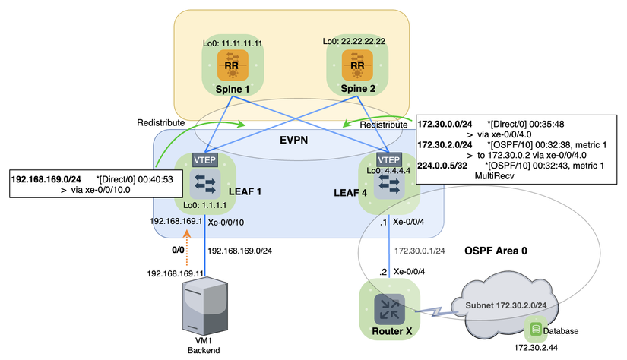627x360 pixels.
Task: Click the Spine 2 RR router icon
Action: tap(356, 64)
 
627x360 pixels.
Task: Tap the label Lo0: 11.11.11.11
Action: tap(233, 43)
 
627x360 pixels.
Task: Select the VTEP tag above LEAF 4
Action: tap(389, 160)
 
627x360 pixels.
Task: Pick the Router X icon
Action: tap(389, 308)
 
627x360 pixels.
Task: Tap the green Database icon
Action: tap(537, 329)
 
